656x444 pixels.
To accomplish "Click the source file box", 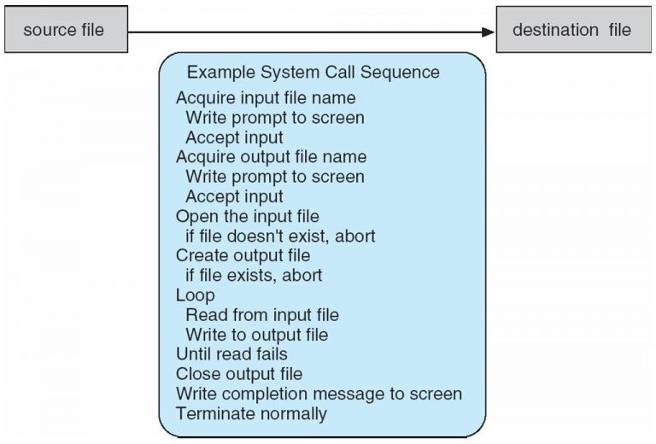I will pyautogui.click(x=64, y=31).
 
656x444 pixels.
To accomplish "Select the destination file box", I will pyautogui.click(x=571, y=31).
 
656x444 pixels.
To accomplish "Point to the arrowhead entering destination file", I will pyautogui.click(x=488, y=32).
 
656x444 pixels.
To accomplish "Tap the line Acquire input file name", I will pyautogui.click(x=266, y=98).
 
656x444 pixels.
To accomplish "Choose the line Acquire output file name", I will pyautogui.click(x=271, y=157).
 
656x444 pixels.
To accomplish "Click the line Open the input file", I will pyautogui.click(x=248, y=216).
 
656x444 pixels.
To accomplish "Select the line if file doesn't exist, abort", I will pyautogui.click(x=281, y=236).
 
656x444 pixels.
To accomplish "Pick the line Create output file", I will pyautogui.click(x=243, y=255).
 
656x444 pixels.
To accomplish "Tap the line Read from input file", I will pyautogui.click(x=262, y=315).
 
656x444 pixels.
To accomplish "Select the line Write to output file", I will pyautogui.click(x=257, y=335).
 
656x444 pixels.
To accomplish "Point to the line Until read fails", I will pyautogui.click(x=231, y=353).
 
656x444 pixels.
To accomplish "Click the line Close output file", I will pyautogui.click(x=239, y=374).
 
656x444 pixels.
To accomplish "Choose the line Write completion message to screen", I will pyautogui.click(x=319, y=394).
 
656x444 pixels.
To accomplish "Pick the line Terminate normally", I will pyautogui.click(x=251, y=414).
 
